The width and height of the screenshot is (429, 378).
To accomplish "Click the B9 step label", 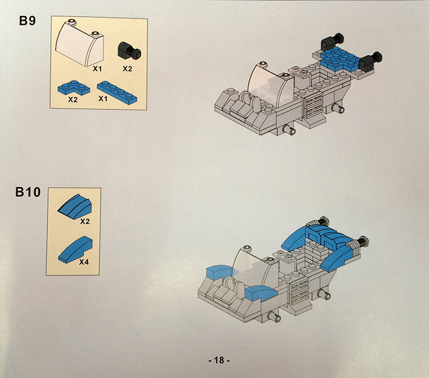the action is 27,20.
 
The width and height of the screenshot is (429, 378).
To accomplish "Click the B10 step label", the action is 28,192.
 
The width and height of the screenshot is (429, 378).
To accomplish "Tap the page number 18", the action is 219,360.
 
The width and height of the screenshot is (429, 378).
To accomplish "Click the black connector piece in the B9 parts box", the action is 129,50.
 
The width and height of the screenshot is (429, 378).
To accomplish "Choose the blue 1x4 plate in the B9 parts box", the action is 117,92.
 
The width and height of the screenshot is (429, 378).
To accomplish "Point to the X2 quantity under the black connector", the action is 127,69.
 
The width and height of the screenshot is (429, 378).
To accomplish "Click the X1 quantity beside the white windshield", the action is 97,69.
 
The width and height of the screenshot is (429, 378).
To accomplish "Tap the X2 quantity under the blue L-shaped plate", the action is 73,100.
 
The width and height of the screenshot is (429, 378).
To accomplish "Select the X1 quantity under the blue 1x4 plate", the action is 103,99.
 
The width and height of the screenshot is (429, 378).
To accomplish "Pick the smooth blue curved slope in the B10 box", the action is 76,249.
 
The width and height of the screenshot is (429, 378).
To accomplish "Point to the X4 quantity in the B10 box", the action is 84,262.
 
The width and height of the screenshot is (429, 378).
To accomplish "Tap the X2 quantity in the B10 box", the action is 85,221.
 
